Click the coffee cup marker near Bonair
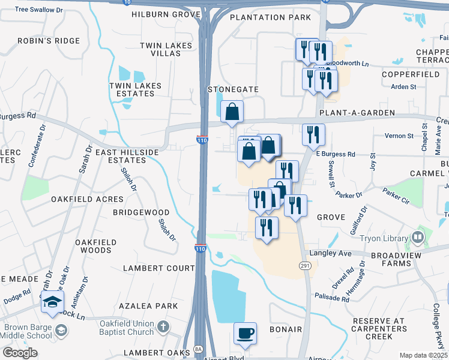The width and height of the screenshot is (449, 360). click(x=244, y=333)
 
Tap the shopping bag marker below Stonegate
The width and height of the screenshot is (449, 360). click(x=232, y=112)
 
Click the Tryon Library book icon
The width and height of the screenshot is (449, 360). click(x=417, y=238)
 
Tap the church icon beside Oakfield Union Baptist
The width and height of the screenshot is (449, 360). click(x=164, y=328)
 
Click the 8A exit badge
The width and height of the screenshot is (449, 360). click(x=199, y=349)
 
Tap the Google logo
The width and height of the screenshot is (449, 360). click(x=20, y=353)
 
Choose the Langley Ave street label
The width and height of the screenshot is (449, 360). click(x=347, y=254)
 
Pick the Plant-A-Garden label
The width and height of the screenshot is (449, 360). click(x=357, y=113)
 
